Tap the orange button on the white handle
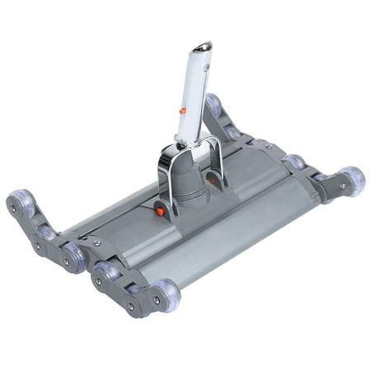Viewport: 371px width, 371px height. point(182,110)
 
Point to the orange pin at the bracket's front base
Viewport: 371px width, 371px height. point(161,212)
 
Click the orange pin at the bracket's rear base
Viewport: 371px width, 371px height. point(214,177)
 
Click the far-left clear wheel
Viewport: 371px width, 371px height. point(22,203)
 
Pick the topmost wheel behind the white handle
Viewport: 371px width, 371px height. point(214,106)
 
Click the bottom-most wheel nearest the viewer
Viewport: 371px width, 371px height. point(164,294)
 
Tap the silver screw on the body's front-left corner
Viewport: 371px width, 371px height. point(96,243)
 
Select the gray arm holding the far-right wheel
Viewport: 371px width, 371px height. point(334,186)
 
